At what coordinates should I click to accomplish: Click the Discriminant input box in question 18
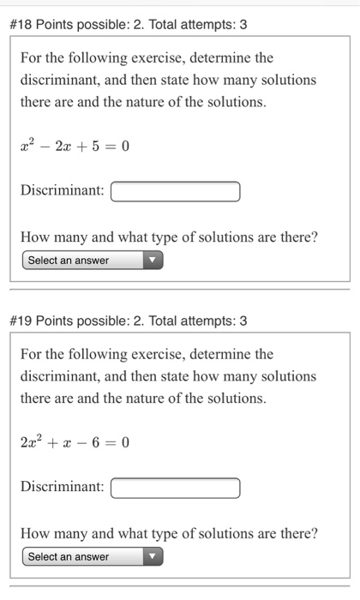[x=175, y=190]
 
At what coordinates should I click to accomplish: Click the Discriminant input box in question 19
[x=175, y=488]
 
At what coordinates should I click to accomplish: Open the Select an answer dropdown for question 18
[x=93, y=261]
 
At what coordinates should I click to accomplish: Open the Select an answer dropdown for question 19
[x=93, y=557]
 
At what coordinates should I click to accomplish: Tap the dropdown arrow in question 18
[x=153, y=261]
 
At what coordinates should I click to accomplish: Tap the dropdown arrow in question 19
[x=153, y=557]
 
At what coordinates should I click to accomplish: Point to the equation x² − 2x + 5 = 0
[x=74, y=146]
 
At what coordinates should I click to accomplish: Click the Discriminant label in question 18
[x=62, y=190]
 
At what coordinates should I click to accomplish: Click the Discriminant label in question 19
[x=62, y=488]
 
